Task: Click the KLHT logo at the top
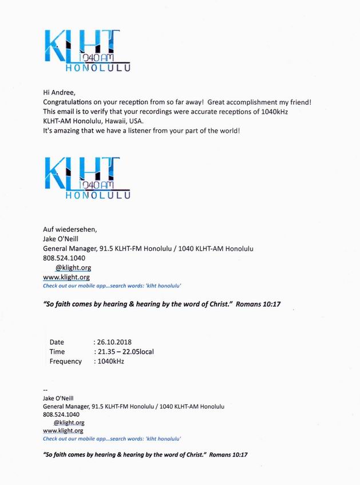[x=87, y=50]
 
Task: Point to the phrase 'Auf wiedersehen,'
[x=70, y=230]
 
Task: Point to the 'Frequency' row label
[x=65, y=361]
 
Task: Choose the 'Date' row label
[x=57, y=342]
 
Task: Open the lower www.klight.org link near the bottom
[x=63, y=431]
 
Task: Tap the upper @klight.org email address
[x=73, y=267]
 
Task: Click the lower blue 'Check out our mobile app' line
[x=112, y=439]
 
